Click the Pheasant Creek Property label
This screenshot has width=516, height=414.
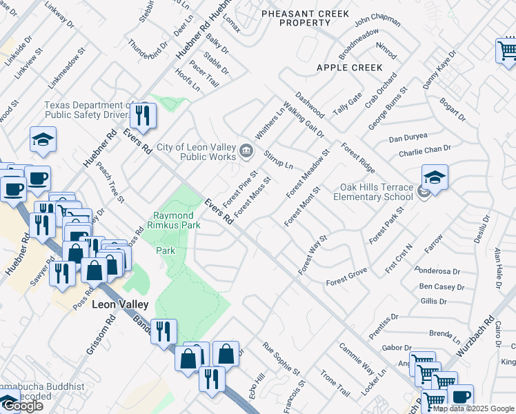coord(305,17)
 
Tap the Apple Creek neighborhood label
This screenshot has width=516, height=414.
coord(349,68)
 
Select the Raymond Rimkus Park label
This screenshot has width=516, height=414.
coord(177,220)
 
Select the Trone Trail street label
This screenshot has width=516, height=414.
coord(336,384)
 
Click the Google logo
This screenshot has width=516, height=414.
coord(22,406)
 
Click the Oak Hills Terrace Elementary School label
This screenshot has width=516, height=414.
coord(376,192)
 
